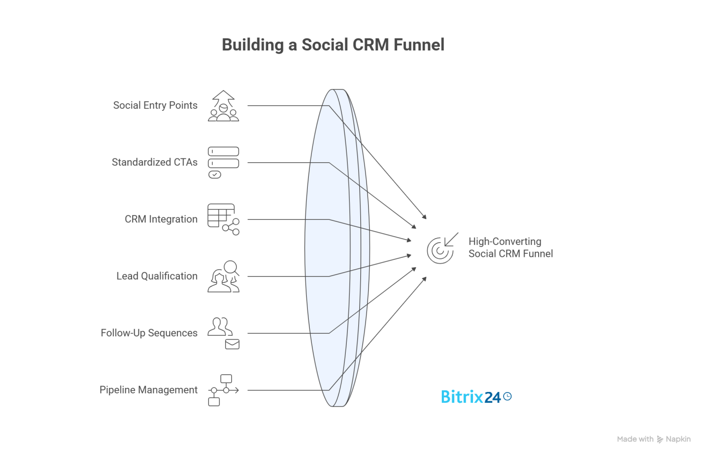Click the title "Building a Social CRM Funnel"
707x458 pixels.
point(333,45)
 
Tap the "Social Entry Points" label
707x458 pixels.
point(155,106)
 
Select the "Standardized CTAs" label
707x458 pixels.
point(154,162)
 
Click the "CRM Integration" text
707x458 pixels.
point(161,219)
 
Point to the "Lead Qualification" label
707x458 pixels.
point(157,276)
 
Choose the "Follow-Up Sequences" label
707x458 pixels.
point(149,333)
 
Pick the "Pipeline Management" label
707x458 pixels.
point(149,390)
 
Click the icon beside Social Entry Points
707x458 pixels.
point(224,106)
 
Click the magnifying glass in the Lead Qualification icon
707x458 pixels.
point(231,268)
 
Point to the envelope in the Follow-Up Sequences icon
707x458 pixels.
point(232,344)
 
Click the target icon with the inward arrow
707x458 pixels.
point(441,248)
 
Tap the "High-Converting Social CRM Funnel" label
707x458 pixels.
point(510,247)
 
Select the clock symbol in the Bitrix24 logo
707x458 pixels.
point(508,396)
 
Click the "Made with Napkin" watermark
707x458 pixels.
point(653,439)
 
